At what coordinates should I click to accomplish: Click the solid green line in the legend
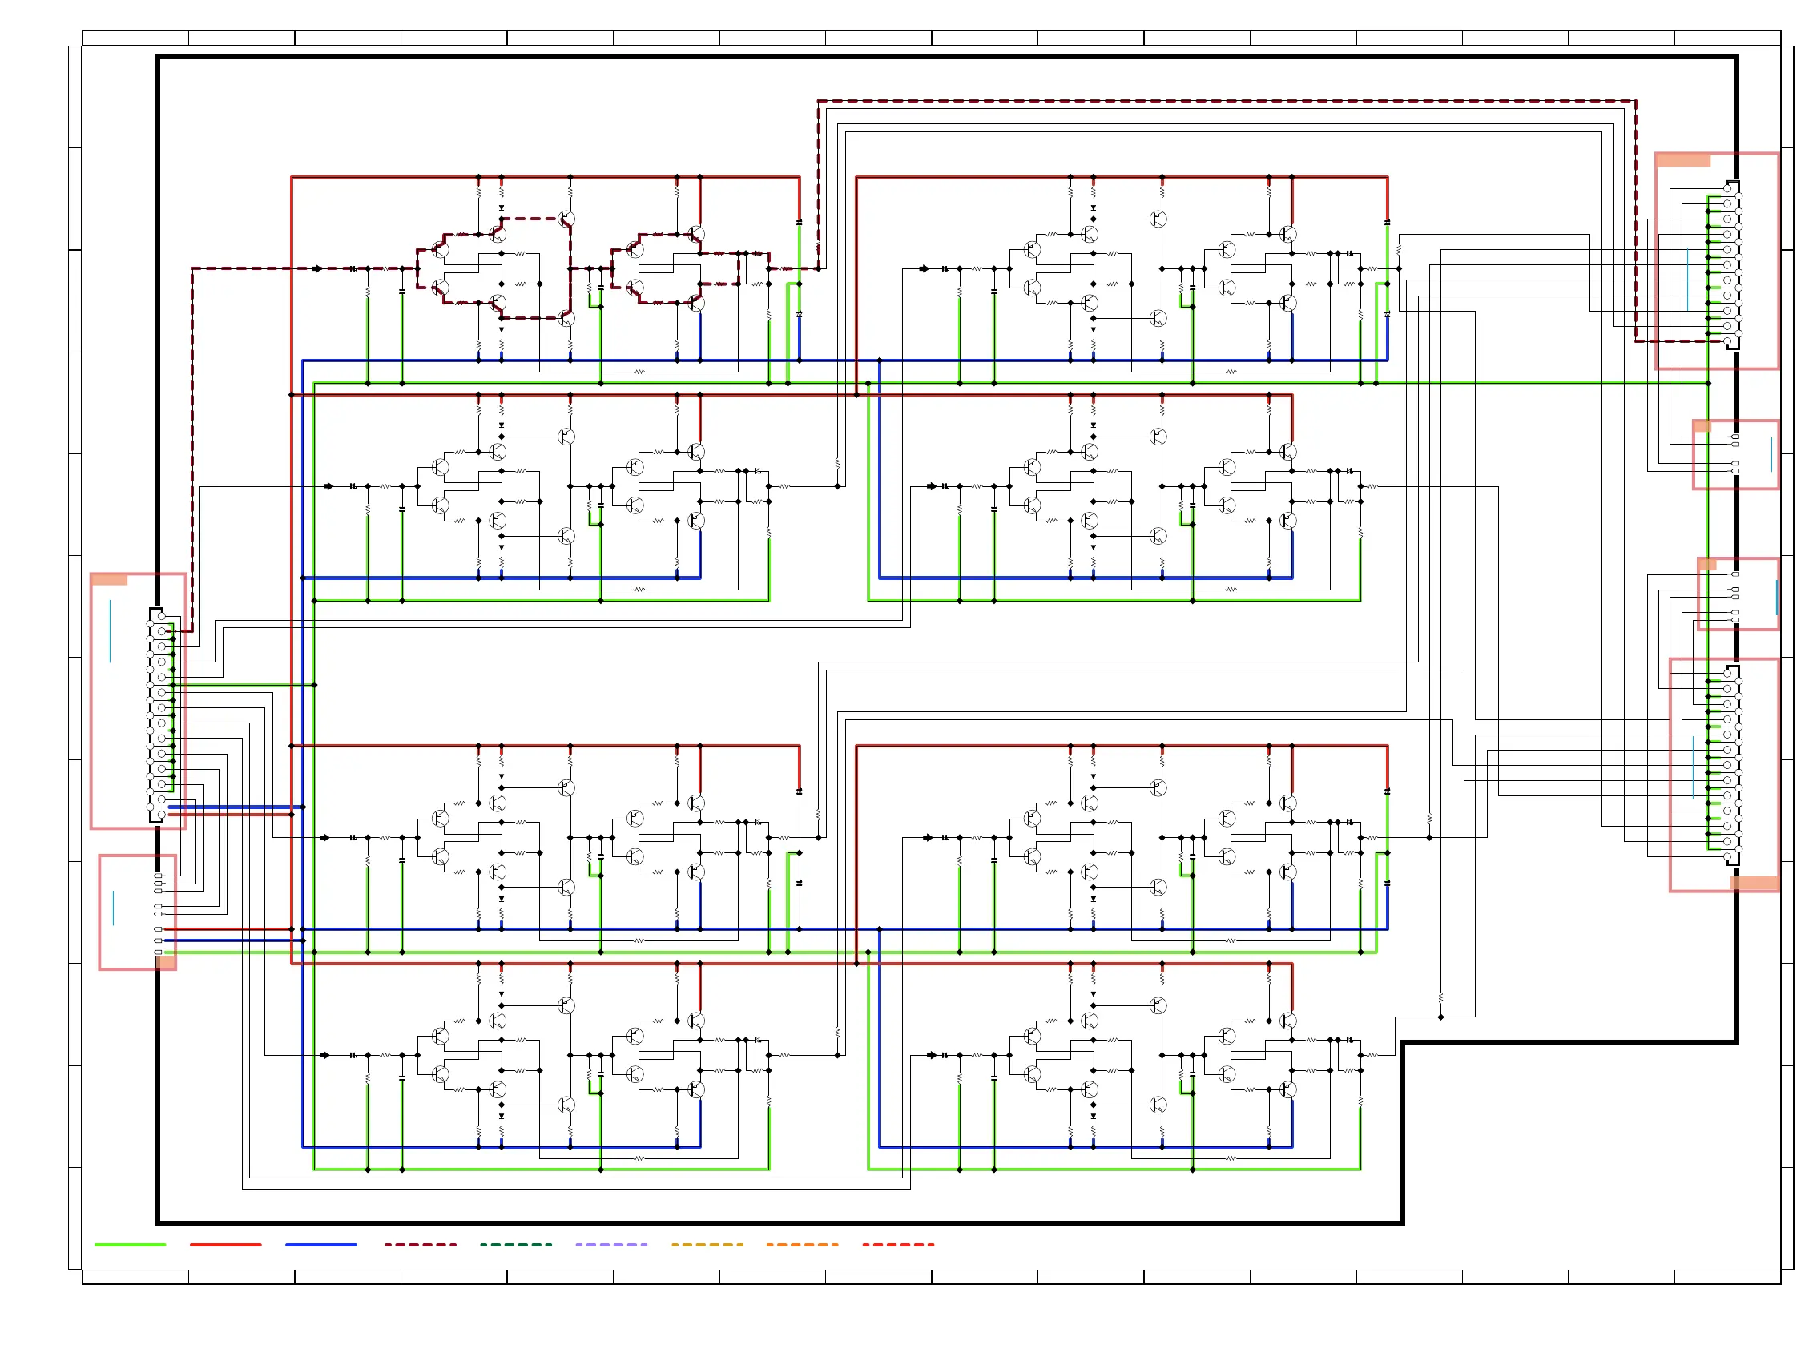tap(130, 1245)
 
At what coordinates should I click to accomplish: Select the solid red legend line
tap(225, 1245)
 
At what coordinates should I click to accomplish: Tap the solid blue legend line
tap(321, 1245)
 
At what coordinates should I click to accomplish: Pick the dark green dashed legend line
tap(515, 1245)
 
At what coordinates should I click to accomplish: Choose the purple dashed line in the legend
tap(610, 1245)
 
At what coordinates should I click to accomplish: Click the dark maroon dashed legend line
tap(420, 1245)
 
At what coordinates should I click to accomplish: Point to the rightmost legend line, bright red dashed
tap(898, 1245)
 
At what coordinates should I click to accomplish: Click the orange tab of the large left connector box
tap(110, 580)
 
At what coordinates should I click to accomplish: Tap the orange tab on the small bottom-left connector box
tap(166, 962)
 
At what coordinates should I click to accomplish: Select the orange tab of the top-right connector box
tap(1683, 160)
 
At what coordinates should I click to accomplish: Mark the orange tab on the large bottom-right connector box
tap(1755, 884)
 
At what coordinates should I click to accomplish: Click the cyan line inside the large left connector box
tap(111, 631)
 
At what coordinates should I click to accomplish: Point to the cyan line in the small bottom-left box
tap(113, 908)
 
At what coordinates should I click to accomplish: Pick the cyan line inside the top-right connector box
tap(1687, 279)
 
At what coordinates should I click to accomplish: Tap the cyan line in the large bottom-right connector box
tap(1693, 767)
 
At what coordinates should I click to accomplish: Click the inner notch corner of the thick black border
tap(1403, 1042)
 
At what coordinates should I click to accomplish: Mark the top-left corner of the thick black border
tap(159, 57)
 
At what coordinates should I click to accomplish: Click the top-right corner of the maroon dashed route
tap(1635, 101)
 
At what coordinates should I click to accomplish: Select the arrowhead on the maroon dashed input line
tap(318, 268)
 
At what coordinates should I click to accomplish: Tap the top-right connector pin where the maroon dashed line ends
tap(1727, 341)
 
